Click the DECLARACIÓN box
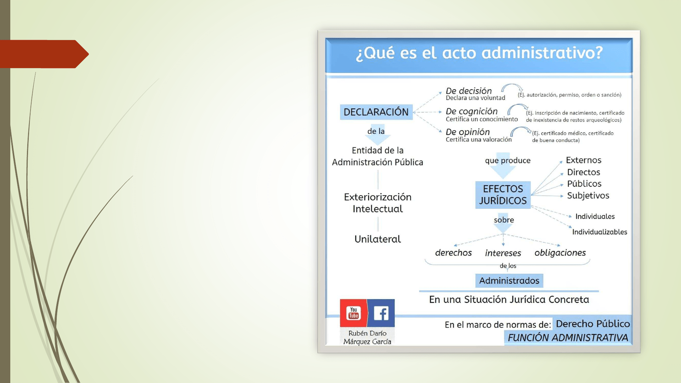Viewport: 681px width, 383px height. pos(376,112)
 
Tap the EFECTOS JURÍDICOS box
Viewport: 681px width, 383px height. pos(503,195)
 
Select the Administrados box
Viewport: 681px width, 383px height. pos(509,281)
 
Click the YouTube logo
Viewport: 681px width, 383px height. pos(354,313)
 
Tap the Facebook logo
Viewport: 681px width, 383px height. pos(381,313)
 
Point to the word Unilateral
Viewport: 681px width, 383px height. pos(378,239)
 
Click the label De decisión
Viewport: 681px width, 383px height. pos(469,91)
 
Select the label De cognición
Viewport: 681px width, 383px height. pos(471,111)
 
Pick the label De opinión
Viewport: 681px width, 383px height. pos(467,132)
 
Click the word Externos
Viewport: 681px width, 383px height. pos(583,160)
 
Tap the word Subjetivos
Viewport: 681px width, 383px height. pos(588,195)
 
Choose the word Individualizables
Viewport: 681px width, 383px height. pos(599,232)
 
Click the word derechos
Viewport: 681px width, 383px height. pos(453,252)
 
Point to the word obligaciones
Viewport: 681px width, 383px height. pos(560,253)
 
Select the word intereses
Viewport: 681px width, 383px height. pos(503,253)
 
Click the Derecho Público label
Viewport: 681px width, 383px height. pos(593,324)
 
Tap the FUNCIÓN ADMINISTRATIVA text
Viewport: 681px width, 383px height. pos(568,338)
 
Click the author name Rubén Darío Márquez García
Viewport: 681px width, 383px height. pos(367,337)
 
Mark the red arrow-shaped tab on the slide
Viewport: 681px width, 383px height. pos(44,54)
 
